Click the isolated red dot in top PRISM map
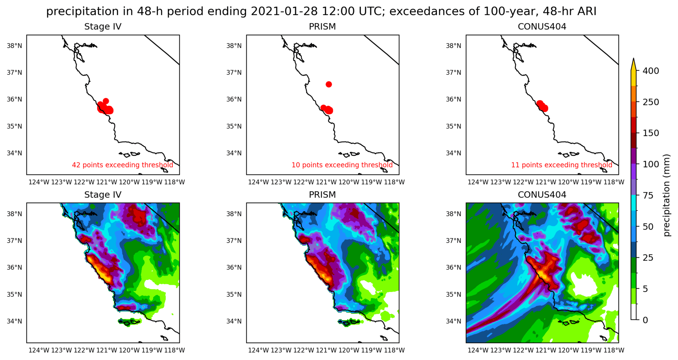(329, 84)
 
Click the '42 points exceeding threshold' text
(122, 165)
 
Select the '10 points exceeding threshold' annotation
(342, 165)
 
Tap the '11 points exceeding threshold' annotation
(561, 165)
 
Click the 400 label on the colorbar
(650, 71)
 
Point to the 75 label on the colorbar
(648, 195)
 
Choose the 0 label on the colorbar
(645, 320)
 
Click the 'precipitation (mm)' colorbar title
(666, 195)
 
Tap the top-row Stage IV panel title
(103, 27)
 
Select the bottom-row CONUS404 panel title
(542, 195)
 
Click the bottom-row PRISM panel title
(322, 195)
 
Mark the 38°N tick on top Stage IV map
(15, 46)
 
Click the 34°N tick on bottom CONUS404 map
(453, 321)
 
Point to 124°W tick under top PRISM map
(258, 182)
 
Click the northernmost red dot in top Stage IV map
(106, 101)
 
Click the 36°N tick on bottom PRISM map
(234, 267)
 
